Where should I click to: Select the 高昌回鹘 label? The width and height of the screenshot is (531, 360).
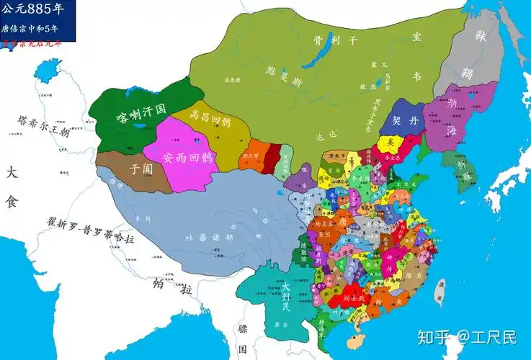pos(210,115)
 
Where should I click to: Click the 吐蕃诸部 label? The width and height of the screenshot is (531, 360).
pos(209,237)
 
